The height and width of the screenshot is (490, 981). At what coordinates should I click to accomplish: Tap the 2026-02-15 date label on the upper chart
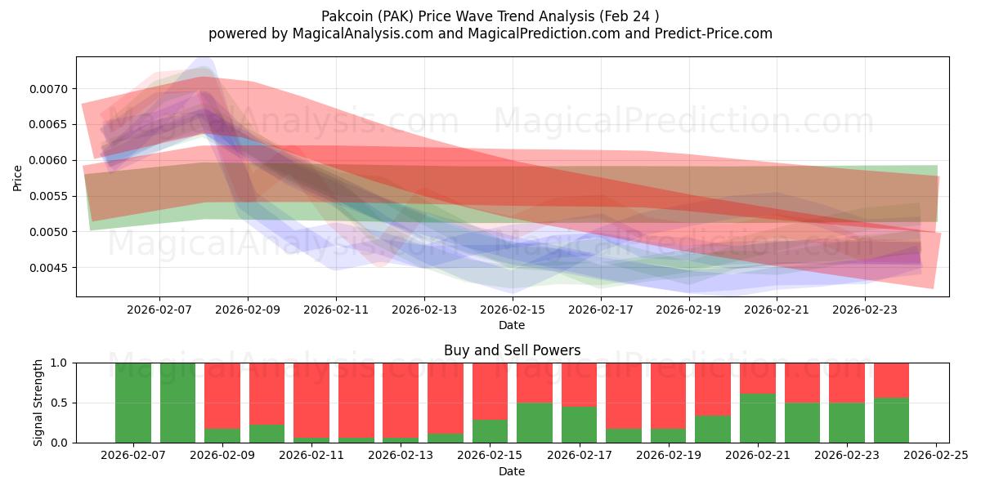coord(513,310)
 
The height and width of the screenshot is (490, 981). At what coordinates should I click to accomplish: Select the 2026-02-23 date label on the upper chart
coord(865,310)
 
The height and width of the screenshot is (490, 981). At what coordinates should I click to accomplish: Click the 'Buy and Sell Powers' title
coord(512,350)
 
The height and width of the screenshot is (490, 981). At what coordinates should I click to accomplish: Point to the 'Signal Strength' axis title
coord(38,403)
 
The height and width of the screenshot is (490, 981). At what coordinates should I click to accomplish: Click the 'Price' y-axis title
coord(18,176)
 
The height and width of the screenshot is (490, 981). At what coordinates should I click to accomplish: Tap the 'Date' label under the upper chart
coord(512,325)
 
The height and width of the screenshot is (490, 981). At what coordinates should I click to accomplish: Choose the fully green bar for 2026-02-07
coord(133,403)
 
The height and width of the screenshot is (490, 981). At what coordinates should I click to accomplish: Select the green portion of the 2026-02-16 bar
coord(535,422)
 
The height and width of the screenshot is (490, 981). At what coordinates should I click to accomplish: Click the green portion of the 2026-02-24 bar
coord(891,420)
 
